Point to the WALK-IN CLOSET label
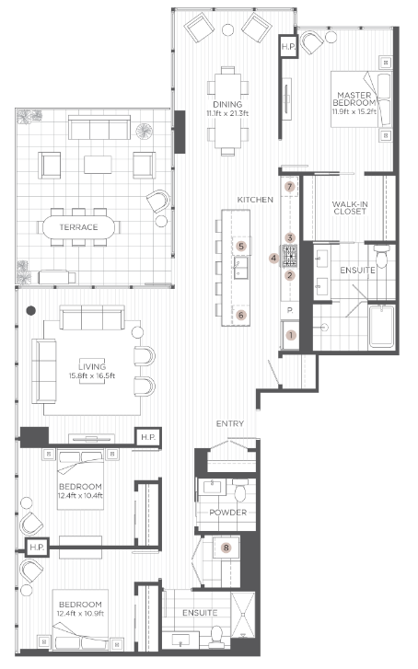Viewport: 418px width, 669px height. coord(350,206)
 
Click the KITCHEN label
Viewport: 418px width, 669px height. coord(253,200)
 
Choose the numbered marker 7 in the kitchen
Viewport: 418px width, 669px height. coord(289,187)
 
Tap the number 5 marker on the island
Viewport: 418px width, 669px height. coord(240,246)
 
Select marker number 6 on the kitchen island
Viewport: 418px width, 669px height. coord(241,315)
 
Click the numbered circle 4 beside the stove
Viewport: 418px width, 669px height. coord(274,259)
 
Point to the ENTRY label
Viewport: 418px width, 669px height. coord(228,423)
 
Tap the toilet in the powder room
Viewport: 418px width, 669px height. coord(238,490)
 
